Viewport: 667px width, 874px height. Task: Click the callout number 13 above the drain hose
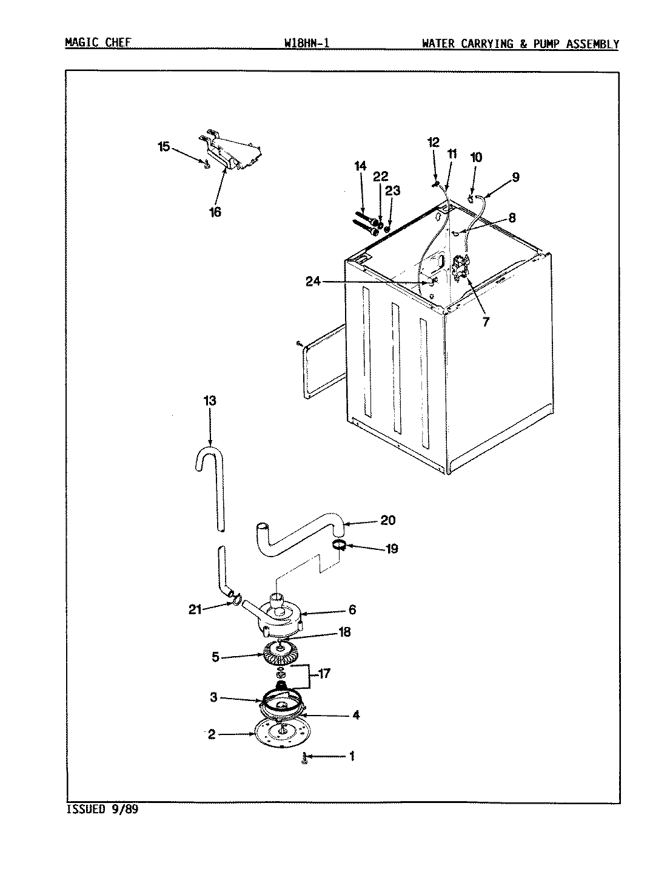point(210,401)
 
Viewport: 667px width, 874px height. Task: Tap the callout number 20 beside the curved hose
point(387,520)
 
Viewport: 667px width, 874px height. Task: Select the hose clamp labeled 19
point(339,545)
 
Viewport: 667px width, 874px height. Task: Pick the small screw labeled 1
point(304,758)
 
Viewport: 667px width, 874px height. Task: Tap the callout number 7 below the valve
point(485,322)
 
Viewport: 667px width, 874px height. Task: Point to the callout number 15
point(164,147)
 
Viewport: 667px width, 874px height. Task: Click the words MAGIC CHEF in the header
point(98,43)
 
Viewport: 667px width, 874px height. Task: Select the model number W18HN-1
point(306,43)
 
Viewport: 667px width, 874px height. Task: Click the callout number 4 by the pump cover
point(355,715)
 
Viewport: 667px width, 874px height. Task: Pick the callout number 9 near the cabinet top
point(515,177)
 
